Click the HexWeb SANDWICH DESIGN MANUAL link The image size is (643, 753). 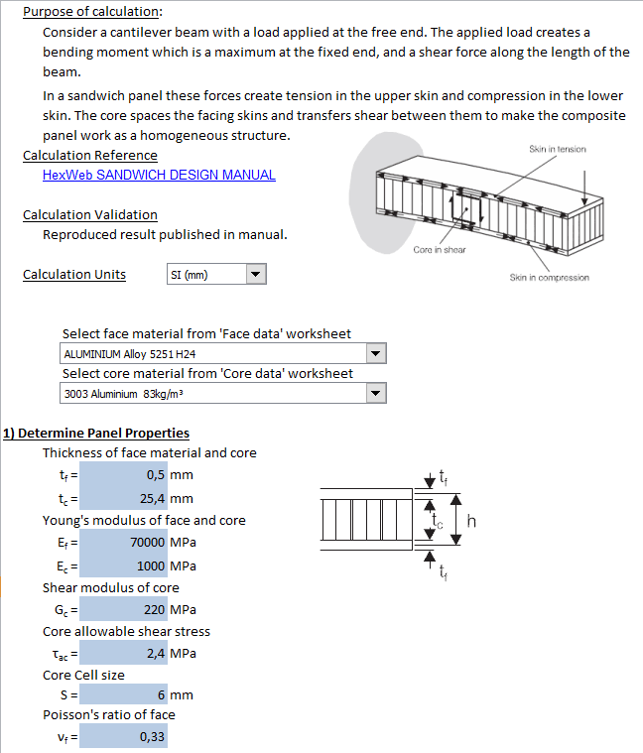click(159, 175)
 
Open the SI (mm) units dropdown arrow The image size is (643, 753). click(256, 275)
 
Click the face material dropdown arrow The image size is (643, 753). click(375, 353)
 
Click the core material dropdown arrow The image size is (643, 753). click(375, 394)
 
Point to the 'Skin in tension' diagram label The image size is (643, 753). click(557, 149)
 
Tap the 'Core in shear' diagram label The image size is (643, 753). click(439, 249)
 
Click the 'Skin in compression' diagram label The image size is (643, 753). click(549, 278)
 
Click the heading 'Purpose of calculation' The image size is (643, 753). click(92, 12)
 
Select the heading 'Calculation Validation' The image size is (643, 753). click(89, 214)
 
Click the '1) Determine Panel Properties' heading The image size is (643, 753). click(96, 433)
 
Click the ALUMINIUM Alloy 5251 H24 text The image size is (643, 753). click(129, 354)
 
